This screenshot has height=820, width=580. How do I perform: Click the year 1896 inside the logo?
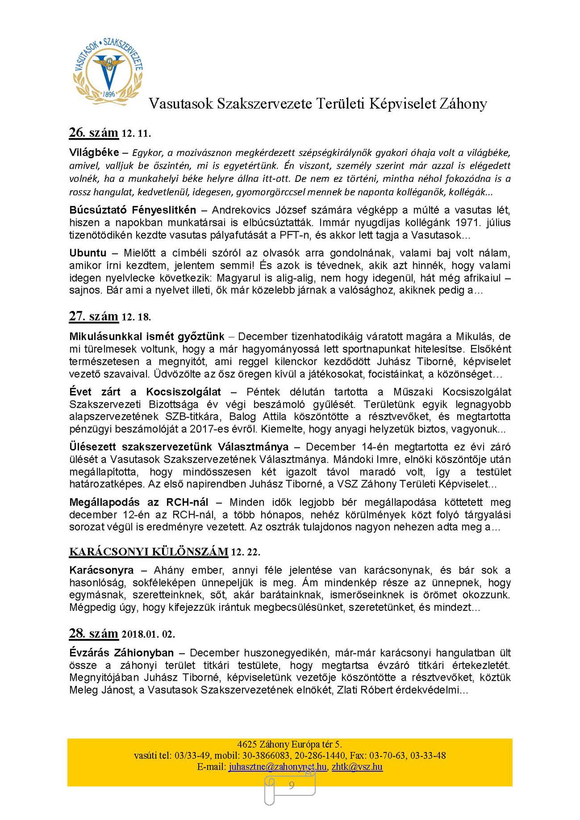(x=109, y=94)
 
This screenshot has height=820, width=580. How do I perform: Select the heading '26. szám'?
(x=94, y=133)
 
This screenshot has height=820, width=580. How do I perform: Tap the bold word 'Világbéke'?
(x=94, y=152)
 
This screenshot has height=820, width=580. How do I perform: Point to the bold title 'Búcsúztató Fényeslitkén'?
(x=133, y=210)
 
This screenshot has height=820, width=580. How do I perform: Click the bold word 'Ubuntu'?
(x=88, y=253)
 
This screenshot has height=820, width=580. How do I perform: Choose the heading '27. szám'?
(x=94, y=316)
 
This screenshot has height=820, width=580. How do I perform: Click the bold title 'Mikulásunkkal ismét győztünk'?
(x=147, y=337)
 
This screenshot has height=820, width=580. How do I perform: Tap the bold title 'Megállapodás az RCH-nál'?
(x=139, y=502)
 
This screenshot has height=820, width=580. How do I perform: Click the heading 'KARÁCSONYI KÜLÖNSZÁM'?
(x=148, y=552)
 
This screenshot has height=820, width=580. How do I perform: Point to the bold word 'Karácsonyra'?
(x=101, y=570)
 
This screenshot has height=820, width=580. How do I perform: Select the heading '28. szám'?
(x=94, y=634)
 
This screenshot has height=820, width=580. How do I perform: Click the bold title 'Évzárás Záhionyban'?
(x=121, y=653)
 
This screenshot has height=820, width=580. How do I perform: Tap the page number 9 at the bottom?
(x=291, y=785)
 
